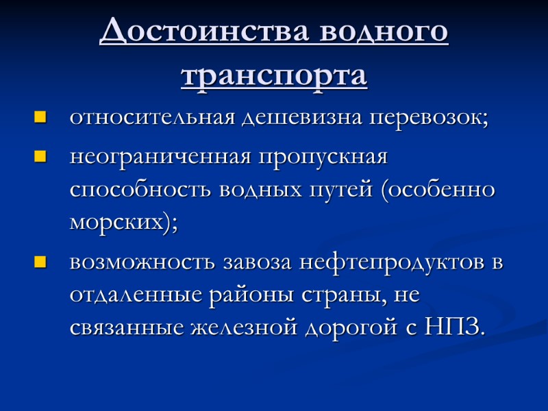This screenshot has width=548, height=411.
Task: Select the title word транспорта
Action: click(274, 75)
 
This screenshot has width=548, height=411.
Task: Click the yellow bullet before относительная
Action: click(39, 118)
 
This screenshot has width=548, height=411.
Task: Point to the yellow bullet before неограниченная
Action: click(39, 158)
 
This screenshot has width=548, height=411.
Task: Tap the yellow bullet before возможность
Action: click(39, 262)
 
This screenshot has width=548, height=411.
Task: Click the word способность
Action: click(141, 190)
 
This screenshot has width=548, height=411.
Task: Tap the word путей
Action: click(343, 190)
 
